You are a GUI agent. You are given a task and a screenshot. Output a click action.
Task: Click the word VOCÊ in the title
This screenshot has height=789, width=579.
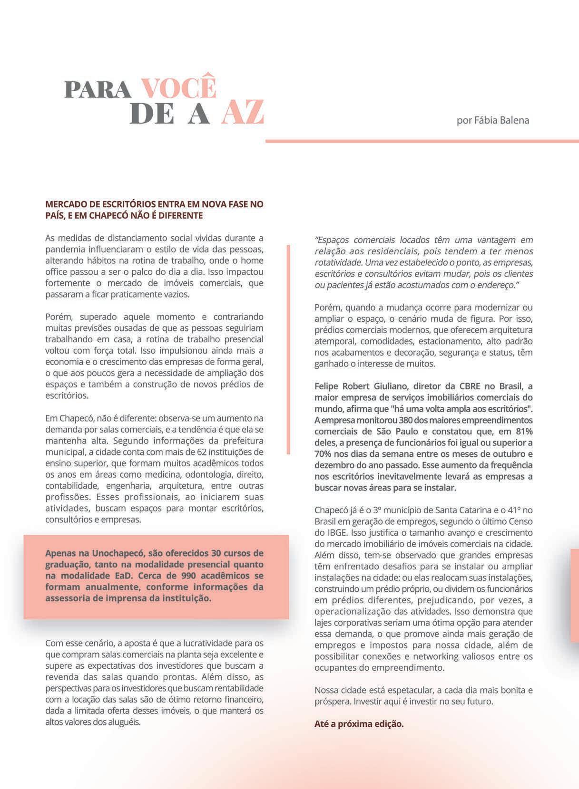[x=179, y=87]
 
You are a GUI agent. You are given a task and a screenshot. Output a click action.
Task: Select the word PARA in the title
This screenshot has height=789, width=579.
[x=98, y=89]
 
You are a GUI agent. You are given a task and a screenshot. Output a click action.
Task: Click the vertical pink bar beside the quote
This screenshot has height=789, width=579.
[x=288, y=349]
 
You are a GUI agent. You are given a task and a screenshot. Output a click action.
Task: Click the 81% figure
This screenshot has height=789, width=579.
[x=523, y=432]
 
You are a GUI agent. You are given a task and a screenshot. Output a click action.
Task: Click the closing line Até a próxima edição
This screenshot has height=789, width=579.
[x=359, y=724]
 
